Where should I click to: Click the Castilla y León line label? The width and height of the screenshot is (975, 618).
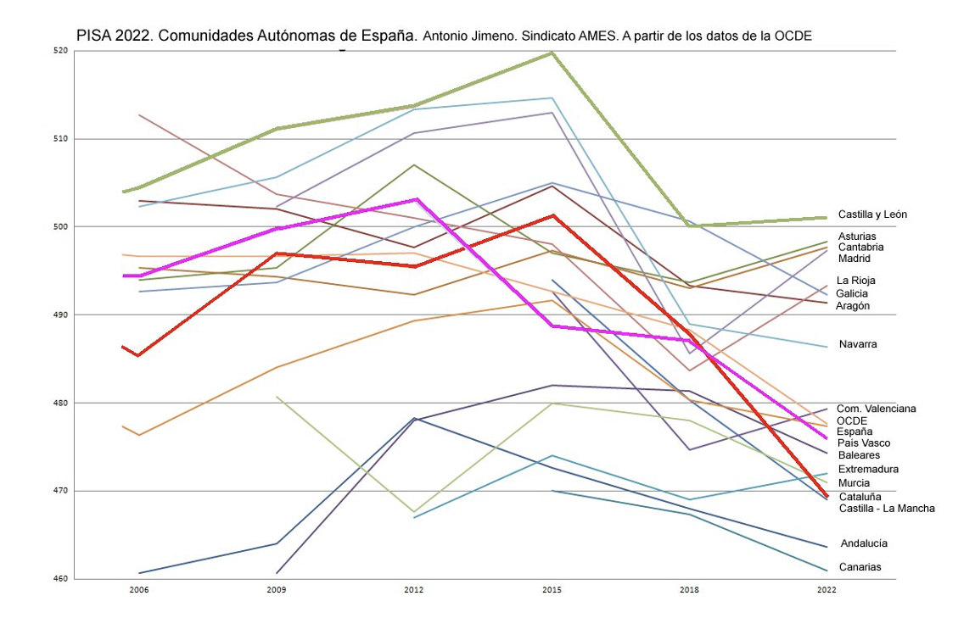tap(872, 214)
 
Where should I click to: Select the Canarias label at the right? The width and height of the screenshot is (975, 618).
tap(860, 567)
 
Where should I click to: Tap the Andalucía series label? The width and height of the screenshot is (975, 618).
tap(864, 543)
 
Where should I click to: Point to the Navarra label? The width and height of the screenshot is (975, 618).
tap(857, 344)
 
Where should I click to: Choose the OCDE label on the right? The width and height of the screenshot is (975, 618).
tap(851, 420)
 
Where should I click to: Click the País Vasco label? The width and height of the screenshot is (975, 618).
tap(864, 443)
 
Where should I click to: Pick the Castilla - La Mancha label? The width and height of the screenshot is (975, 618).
tap(887, 508)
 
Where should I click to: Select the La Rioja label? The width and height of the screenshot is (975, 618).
tap(855, 281)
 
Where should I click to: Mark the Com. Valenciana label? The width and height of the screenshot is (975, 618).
tap(876, 409)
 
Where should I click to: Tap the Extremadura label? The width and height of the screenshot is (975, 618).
tap(868, 469)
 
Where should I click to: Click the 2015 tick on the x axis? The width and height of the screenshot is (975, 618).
tap(552, 589)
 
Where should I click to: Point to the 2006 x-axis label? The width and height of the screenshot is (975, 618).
tap(138, 589)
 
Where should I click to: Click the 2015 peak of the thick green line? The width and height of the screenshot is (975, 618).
tap(552, 53)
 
